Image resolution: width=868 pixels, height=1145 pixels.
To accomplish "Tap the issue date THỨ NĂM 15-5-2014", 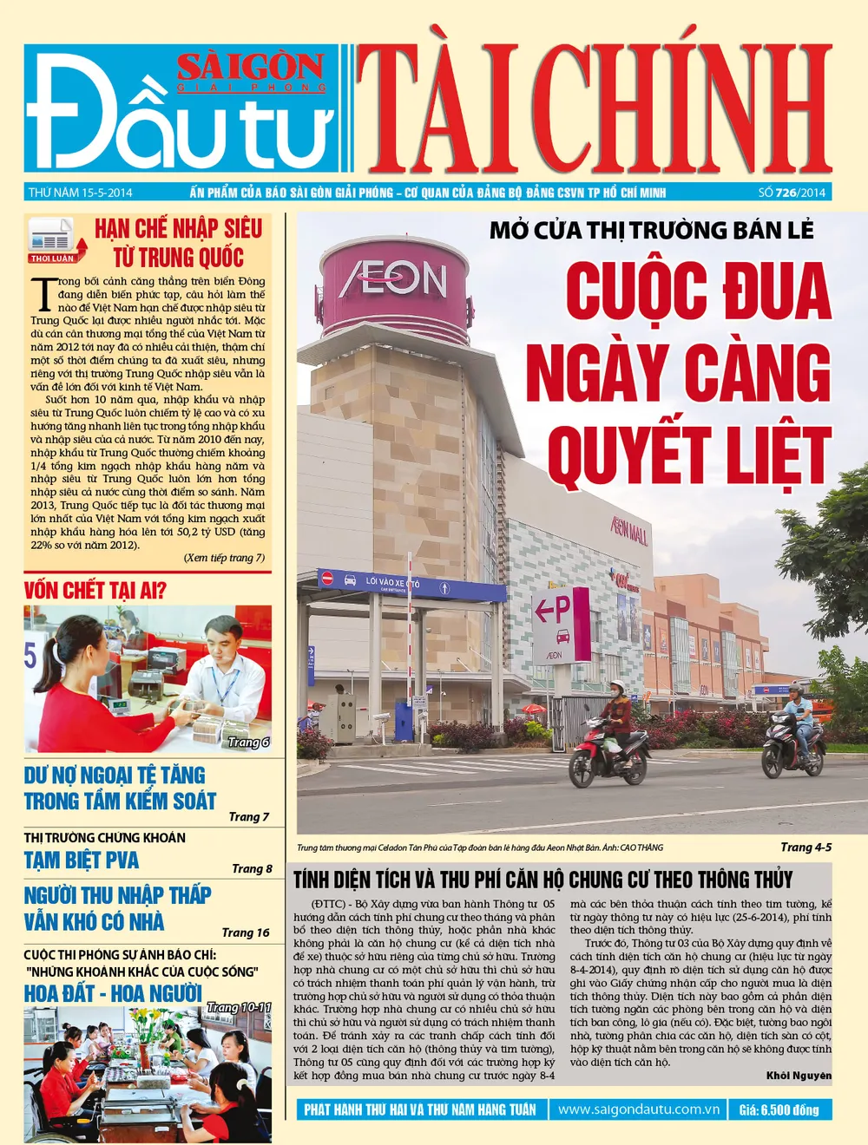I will tap(80, 193).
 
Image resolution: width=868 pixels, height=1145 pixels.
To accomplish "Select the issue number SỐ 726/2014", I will tap(791, 193).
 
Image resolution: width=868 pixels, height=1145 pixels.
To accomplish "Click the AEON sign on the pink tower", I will tap(393, 280).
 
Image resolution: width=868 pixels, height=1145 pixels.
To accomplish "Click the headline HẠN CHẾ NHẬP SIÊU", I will tap(178, 229).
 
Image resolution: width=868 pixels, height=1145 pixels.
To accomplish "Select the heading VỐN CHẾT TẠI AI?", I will tap(95, 591).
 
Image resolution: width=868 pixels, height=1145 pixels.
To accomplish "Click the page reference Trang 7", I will tap(248, 816).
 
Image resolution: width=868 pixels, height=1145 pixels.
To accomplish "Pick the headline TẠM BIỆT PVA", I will tap(82, 860).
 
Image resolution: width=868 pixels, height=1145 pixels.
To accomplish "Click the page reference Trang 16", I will tap(245, 932).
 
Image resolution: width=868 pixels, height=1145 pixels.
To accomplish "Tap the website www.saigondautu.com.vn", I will tap(638, 1109).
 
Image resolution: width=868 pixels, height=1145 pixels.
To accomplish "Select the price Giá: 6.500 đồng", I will tap(779, 1109).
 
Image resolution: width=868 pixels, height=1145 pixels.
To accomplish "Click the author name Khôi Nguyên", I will tap(798, 1076).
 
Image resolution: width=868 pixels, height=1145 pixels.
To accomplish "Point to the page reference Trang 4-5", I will tap(805, 847).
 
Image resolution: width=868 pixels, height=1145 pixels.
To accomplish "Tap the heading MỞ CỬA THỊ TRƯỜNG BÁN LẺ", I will tap(652, 230).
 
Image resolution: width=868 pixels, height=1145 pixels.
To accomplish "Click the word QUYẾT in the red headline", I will tap(629, 455).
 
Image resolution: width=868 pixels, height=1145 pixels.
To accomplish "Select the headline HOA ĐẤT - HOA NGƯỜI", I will tap(113, 993).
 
